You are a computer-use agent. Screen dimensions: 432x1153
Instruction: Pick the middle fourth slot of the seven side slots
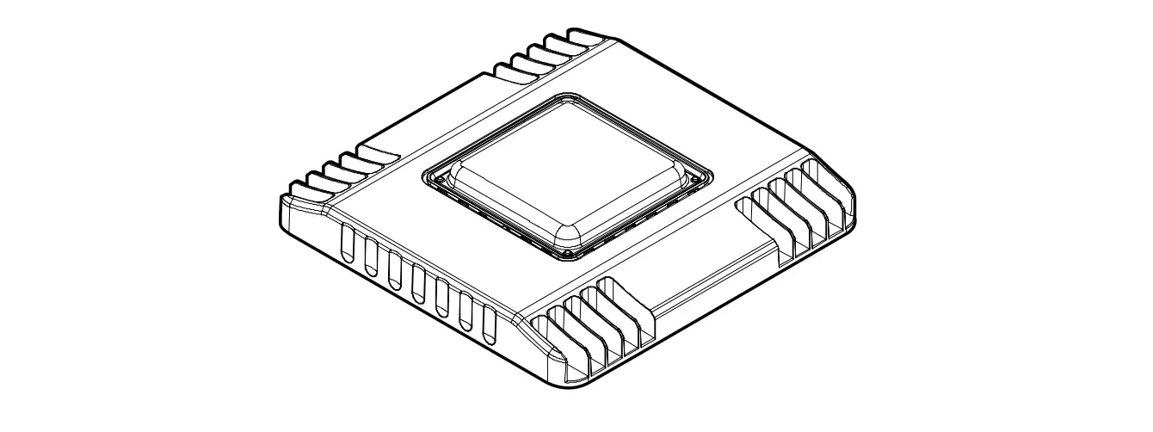[418, 284]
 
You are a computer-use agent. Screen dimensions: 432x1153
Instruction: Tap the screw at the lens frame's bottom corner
[565, 255]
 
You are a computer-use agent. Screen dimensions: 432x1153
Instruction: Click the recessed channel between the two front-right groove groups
[697, 275]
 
